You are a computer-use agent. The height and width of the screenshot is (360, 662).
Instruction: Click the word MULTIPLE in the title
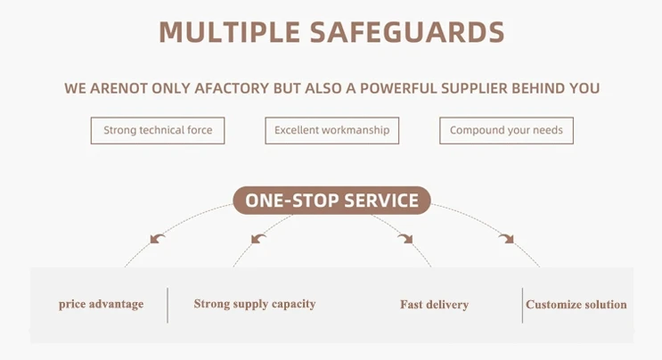(x=228, y=32)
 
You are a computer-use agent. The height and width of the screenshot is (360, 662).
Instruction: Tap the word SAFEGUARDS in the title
(x=407, y=32)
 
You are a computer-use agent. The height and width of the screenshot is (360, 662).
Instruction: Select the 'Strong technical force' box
(x=158, y=130)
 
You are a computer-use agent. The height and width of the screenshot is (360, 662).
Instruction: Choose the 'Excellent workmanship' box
(x=331, y=130)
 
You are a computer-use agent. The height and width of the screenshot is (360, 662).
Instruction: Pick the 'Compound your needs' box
(x=506, y=130)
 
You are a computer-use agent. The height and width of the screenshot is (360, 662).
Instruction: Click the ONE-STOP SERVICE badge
(x=331, y=200)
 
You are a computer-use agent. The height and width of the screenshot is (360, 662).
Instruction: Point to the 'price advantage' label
(x=101, y=304)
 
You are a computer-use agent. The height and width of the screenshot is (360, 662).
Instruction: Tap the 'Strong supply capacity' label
(x=254, y=304)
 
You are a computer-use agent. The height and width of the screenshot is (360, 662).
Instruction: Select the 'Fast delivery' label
(x=434, y=305)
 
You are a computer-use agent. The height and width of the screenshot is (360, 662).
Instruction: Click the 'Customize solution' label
(x=576, y=305)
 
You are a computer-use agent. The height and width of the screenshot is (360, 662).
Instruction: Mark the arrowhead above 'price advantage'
(x=158, y=238)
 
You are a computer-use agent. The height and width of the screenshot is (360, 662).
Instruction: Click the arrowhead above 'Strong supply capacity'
(x=257, y=238)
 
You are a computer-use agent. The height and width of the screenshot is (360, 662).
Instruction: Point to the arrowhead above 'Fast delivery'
(x=405, y=238)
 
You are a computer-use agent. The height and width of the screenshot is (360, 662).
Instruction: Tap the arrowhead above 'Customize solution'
(x=506, y=238)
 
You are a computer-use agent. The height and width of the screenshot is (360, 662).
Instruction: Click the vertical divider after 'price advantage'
(x=168, y=305)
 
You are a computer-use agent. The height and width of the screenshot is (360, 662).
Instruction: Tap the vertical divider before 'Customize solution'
(x=522, y=305)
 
